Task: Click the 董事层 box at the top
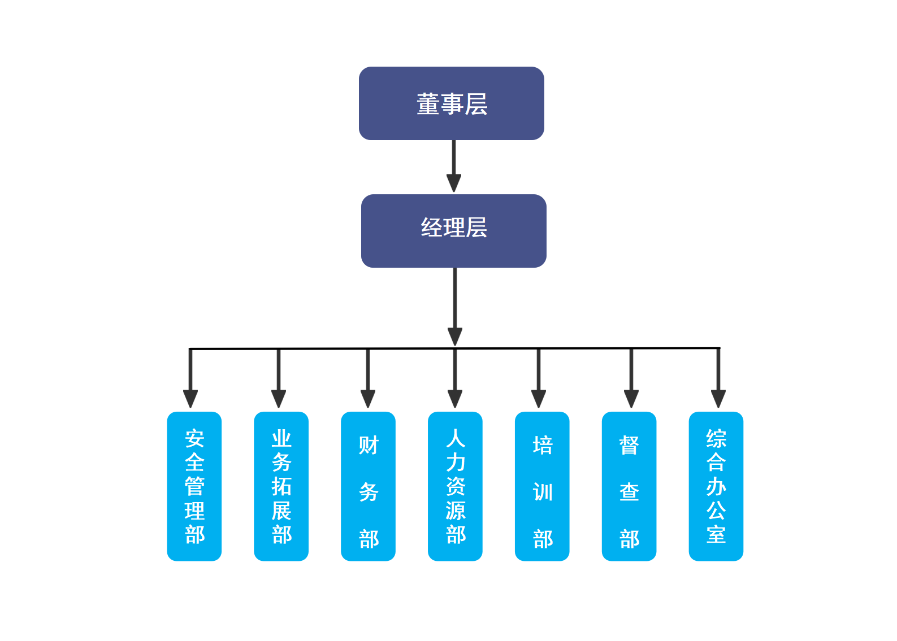click(451, 103)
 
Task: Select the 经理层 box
click(453, 230)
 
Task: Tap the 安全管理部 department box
click(194, 486)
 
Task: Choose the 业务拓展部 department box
click(281, 486)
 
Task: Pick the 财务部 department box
click(368, 486)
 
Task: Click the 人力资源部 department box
click(455, 486)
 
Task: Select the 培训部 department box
click(542, 486)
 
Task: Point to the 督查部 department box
click(629, 486)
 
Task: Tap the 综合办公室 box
click(716, 486)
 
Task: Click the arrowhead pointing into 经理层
click(454, 183)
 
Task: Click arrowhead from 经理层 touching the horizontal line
click(455, 337)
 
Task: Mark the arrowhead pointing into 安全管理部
click(190, 398)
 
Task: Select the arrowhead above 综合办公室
click(718, 398)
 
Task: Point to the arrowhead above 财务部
click(368, 398)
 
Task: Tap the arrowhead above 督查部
click(631, 398)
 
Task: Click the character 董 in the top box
click(428, 104)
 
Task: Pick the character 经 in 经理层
click(431, 228)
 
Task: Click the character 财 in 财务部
click(369, 445)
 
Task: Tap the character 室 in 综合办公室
click(716, 534)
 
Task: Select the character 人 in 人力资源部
click(456, 438)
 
